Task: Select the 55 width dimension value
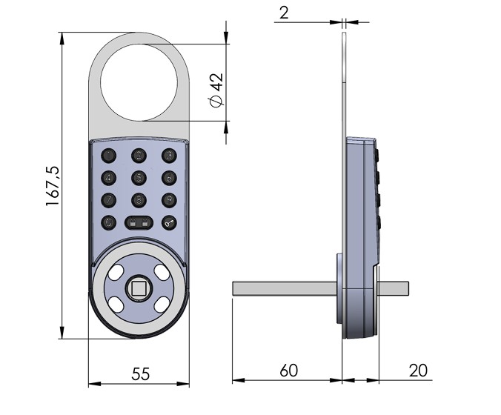click(139, 373)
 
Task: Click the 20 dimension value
click(417, 371)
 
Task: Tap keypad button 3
click(170, 155)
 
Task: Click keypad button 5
click(139, 177)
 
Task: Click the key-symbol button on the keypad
click(170, 222)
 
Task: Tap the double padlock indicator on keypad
click(139, 222)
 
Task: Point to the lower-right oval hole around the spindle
click(162, 304)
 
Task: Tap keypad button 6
click(170, 177)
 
